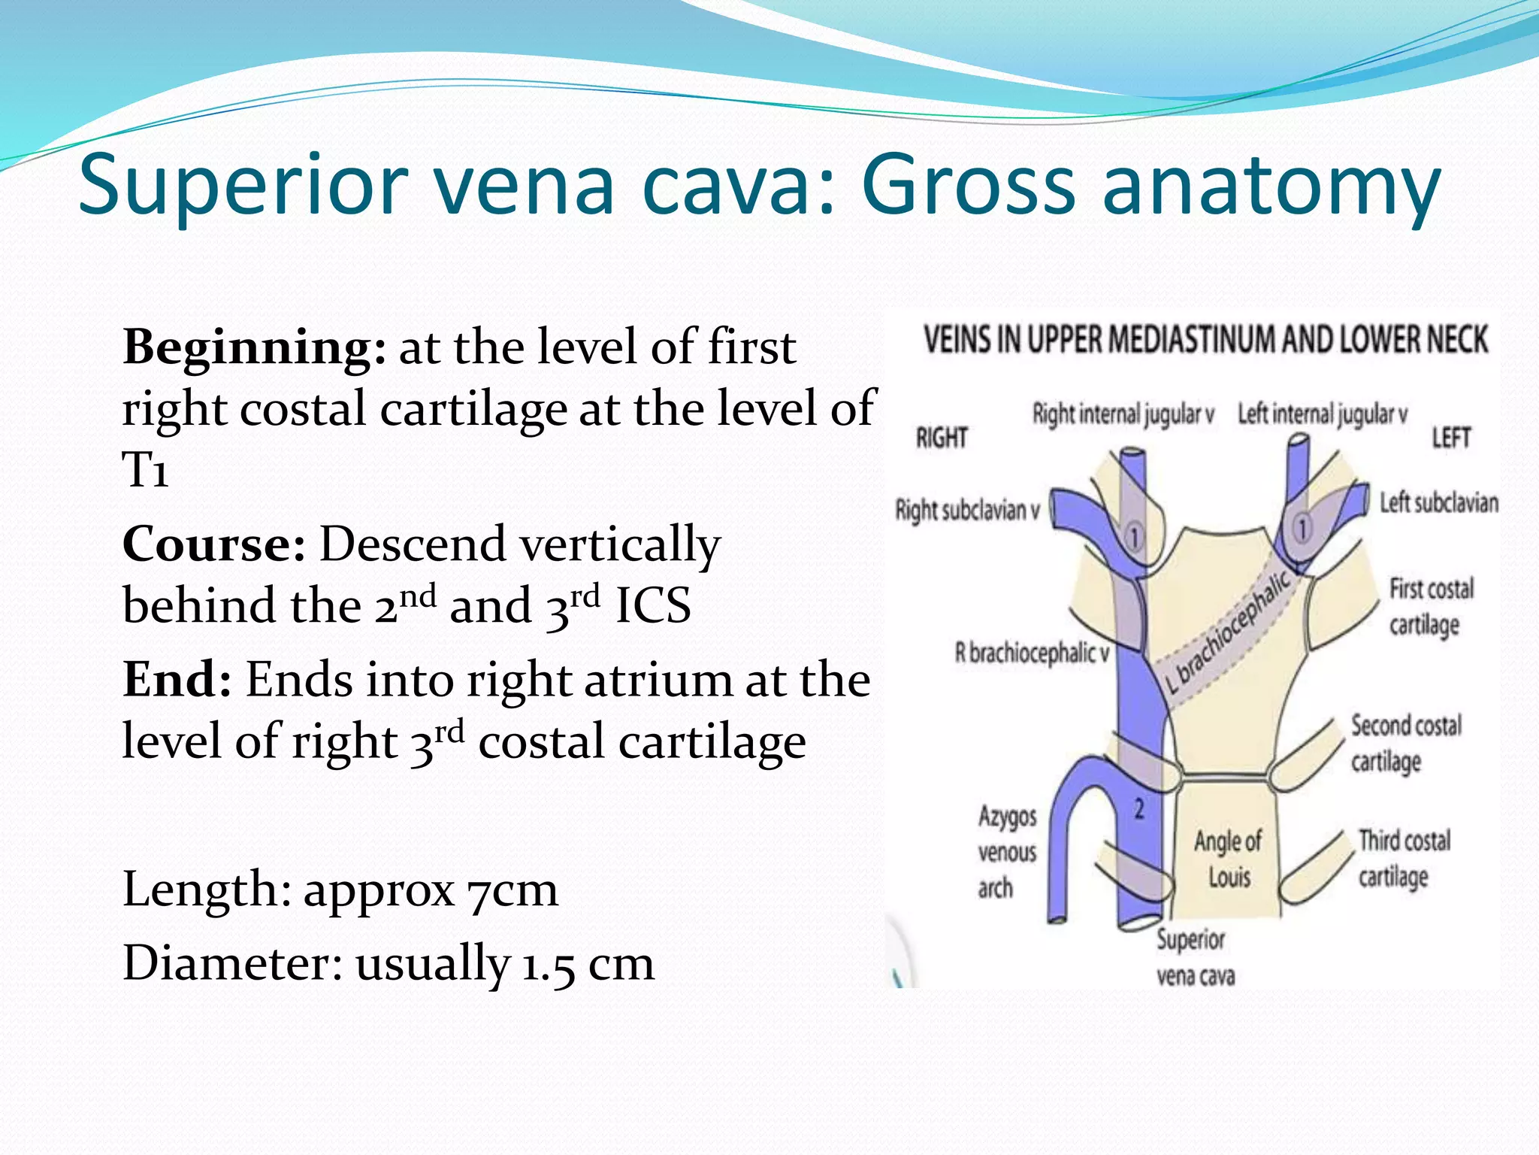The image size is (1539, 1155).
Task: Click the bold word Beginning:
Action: pos(254,348)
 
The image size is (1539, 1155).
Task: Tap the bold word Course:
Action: pos(213,544)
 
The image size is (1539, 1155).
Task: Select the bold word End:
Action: pos(177,680)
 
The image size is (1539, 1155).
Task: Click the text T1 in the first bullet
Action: pos(145,471)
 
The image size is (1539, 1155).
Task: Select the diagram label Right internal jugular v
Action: pos(1123,414)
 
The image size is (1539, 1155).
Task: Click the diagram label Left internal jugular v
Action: pos(1323,414)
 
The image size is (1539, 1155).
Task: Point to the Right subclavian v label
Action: pos(968,511)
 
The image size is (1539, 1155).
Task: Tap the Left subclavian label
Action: pos(1438,502)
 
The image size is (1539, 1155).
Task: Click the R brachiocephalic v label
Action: pos(1032,653)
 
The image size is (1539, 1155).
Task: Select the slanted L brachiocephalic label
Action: pos(1228,631)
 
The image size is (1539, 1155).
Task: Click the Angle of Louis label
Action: pos(1228,859)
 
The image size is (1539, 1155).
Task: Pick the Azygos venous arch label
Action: pos(1006,852)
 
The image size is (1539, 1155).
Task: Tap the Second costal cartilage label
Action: pos(1405,743)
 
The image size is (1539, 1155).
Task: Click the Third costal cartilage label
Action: pos(1404,858)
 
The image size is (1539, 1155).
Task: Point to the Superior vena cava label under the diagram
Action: pos(1194,957)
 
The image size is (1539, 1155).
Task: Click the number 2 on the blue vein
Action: pos(1139,809)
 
